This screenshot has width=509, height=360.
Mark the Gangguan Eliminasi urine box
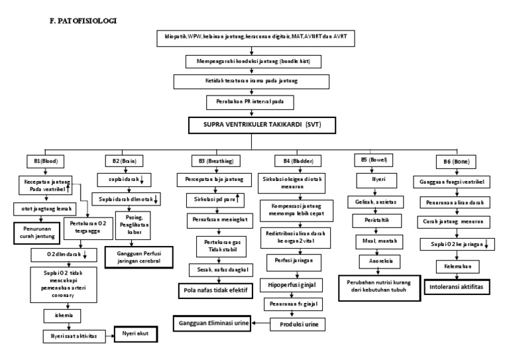click(x=215, y=323)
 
